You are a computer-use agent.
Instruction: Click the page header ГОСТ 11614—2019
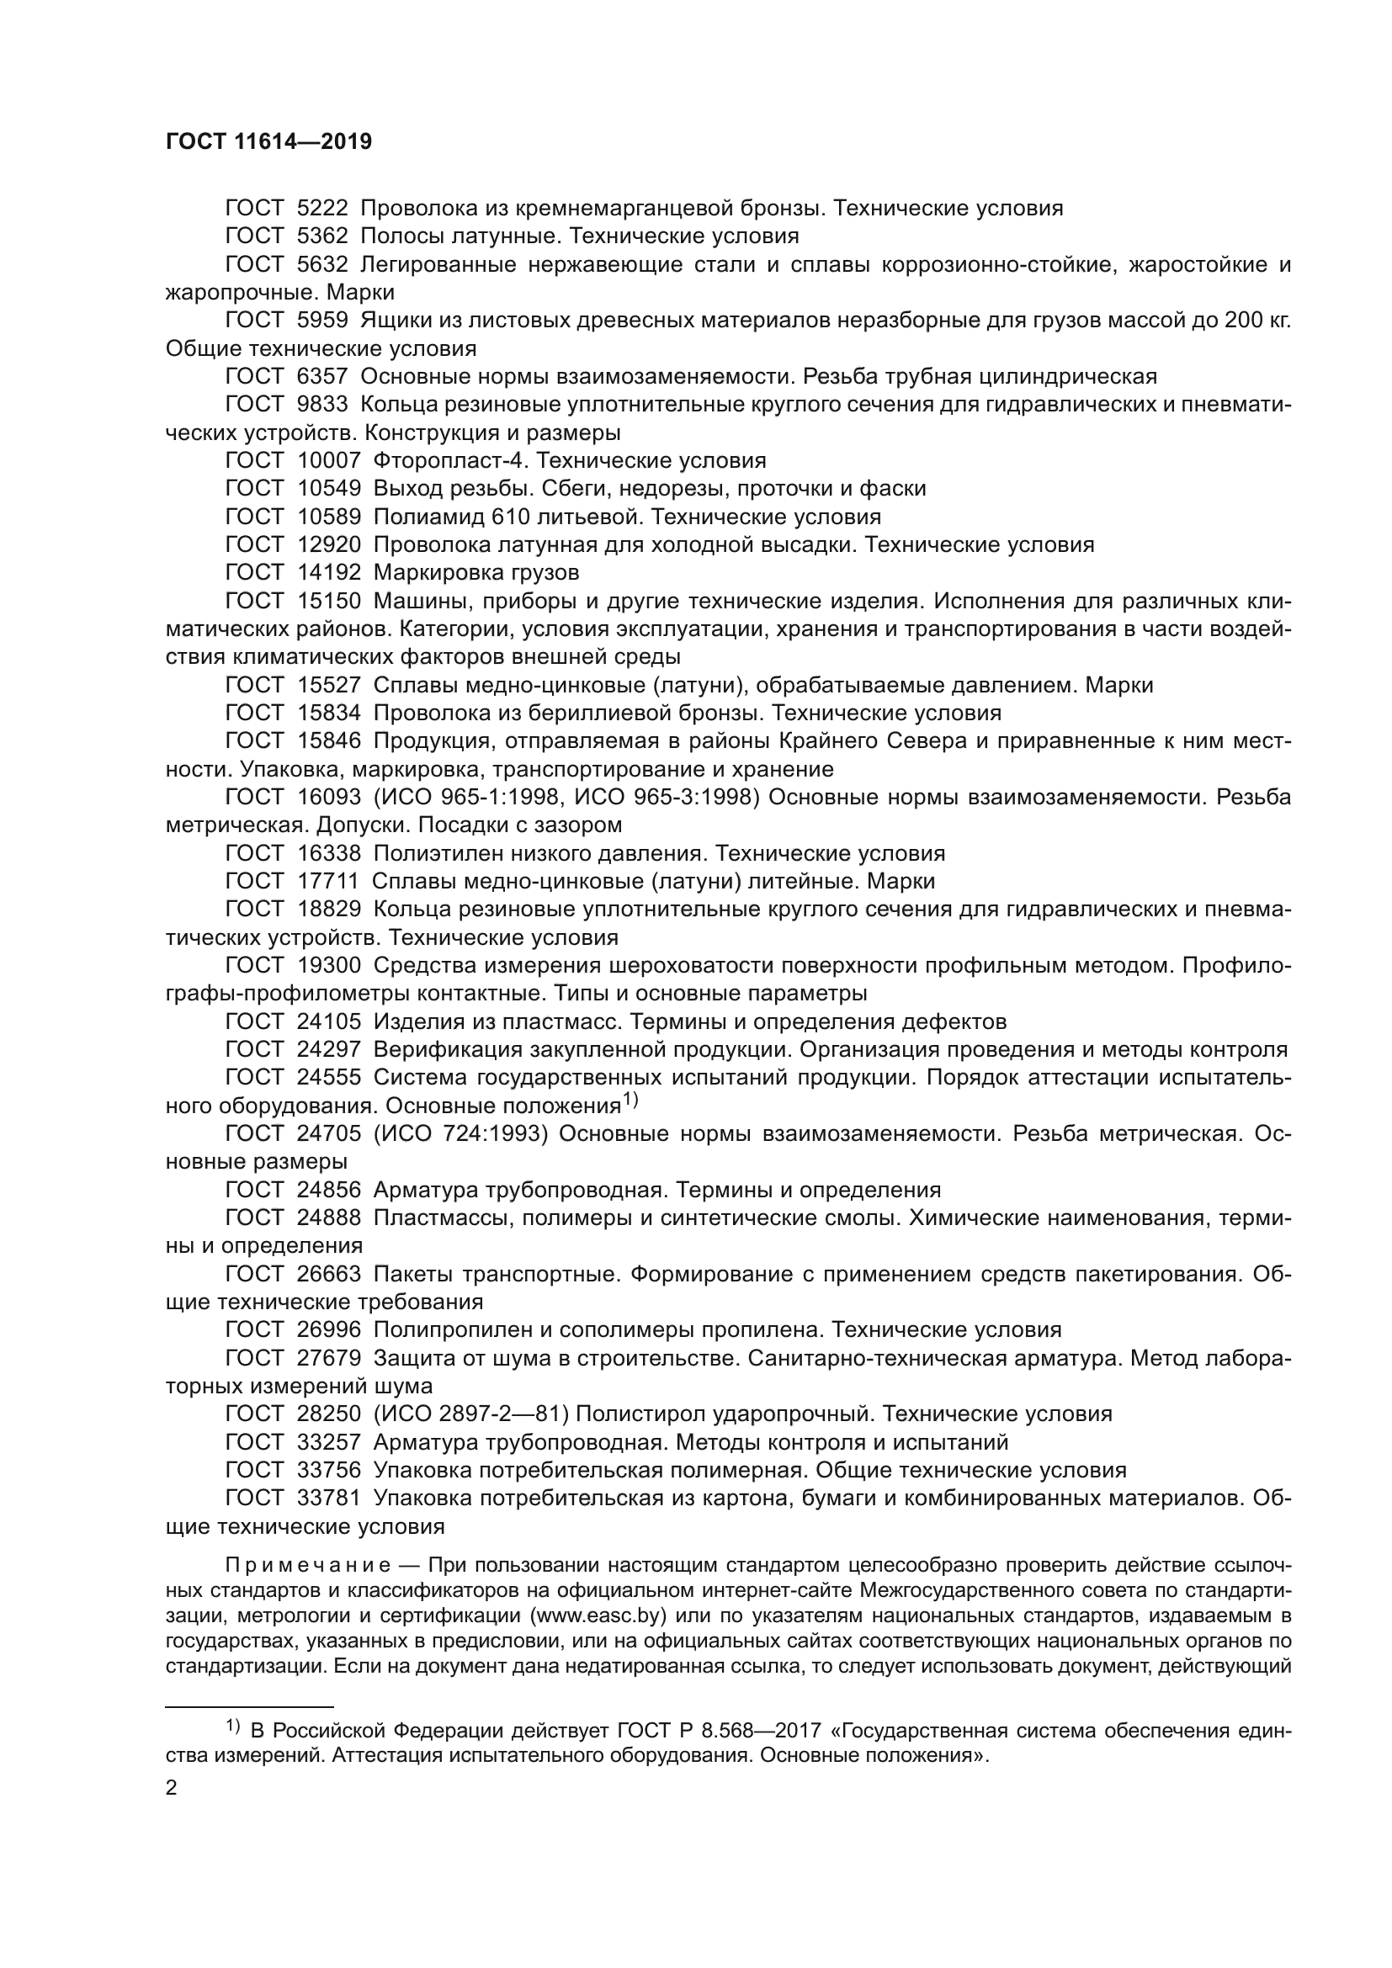click(x=268, y=142)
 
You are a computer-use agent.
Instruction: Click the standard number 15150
click(x=329, y=601)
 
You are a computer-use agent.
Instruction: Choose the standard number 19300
click(x=329, y=966)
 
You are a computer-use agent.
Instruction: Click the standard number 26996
click(x=329, y=1330)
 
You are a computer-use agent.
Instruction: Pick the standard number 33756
click(x=329, y=1471)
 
